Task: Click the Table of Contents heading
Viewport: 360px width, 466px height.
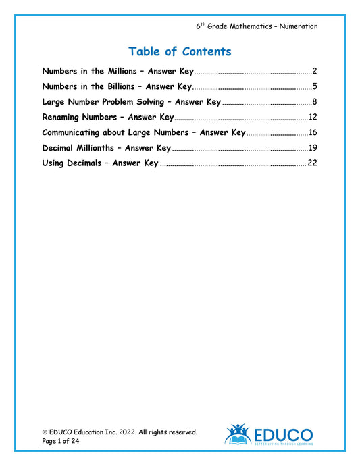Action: pyautogui.click(x=180, y=52)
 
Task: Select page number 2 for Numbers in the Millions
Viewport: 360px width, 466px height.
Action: pyautogui.click(x=315, y=71)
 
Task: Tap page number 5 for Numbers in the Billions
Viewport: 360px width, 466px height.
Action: pyautogui.click(x=315, y=86)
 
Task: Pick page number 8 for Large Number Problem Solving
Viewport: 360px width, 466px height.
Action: pyautogui.click(x=315, y=102)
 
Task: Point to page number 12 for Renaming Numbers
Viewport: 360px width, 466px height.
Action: pyautogui.click(x=313, y=118)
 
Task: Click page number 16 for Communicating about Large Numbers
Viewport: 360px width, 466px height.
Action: pyautogui.click(x=313, y=132)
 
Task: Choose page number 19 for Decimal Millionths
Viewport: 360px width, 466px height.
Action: pyautogui.click(x=313, y=148)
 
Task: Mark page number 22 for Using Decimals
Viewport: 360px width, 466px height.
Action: pyautogui.click(x=312, y=163)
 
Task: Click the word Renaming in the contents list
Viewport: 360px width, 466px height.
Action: pyautogui.click(x=66, y=118)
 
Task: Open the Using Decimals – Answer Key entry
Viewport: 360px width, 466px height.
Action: pyautogui.click(x=100, y=163)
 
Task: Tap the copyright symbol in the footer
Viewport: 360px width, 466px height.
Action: pyautogui.click(x=45, y=432)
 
